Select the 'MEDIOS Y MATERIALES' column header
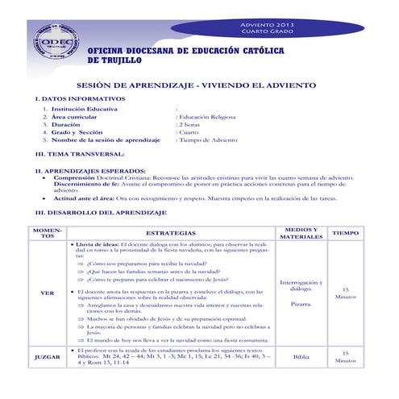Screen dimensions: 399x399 coord(301,233)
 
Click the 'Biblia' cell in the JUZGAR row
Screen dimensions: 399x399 coord(301,356)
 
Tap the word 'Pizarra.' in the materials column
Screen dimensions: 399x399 coord(301,305)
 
